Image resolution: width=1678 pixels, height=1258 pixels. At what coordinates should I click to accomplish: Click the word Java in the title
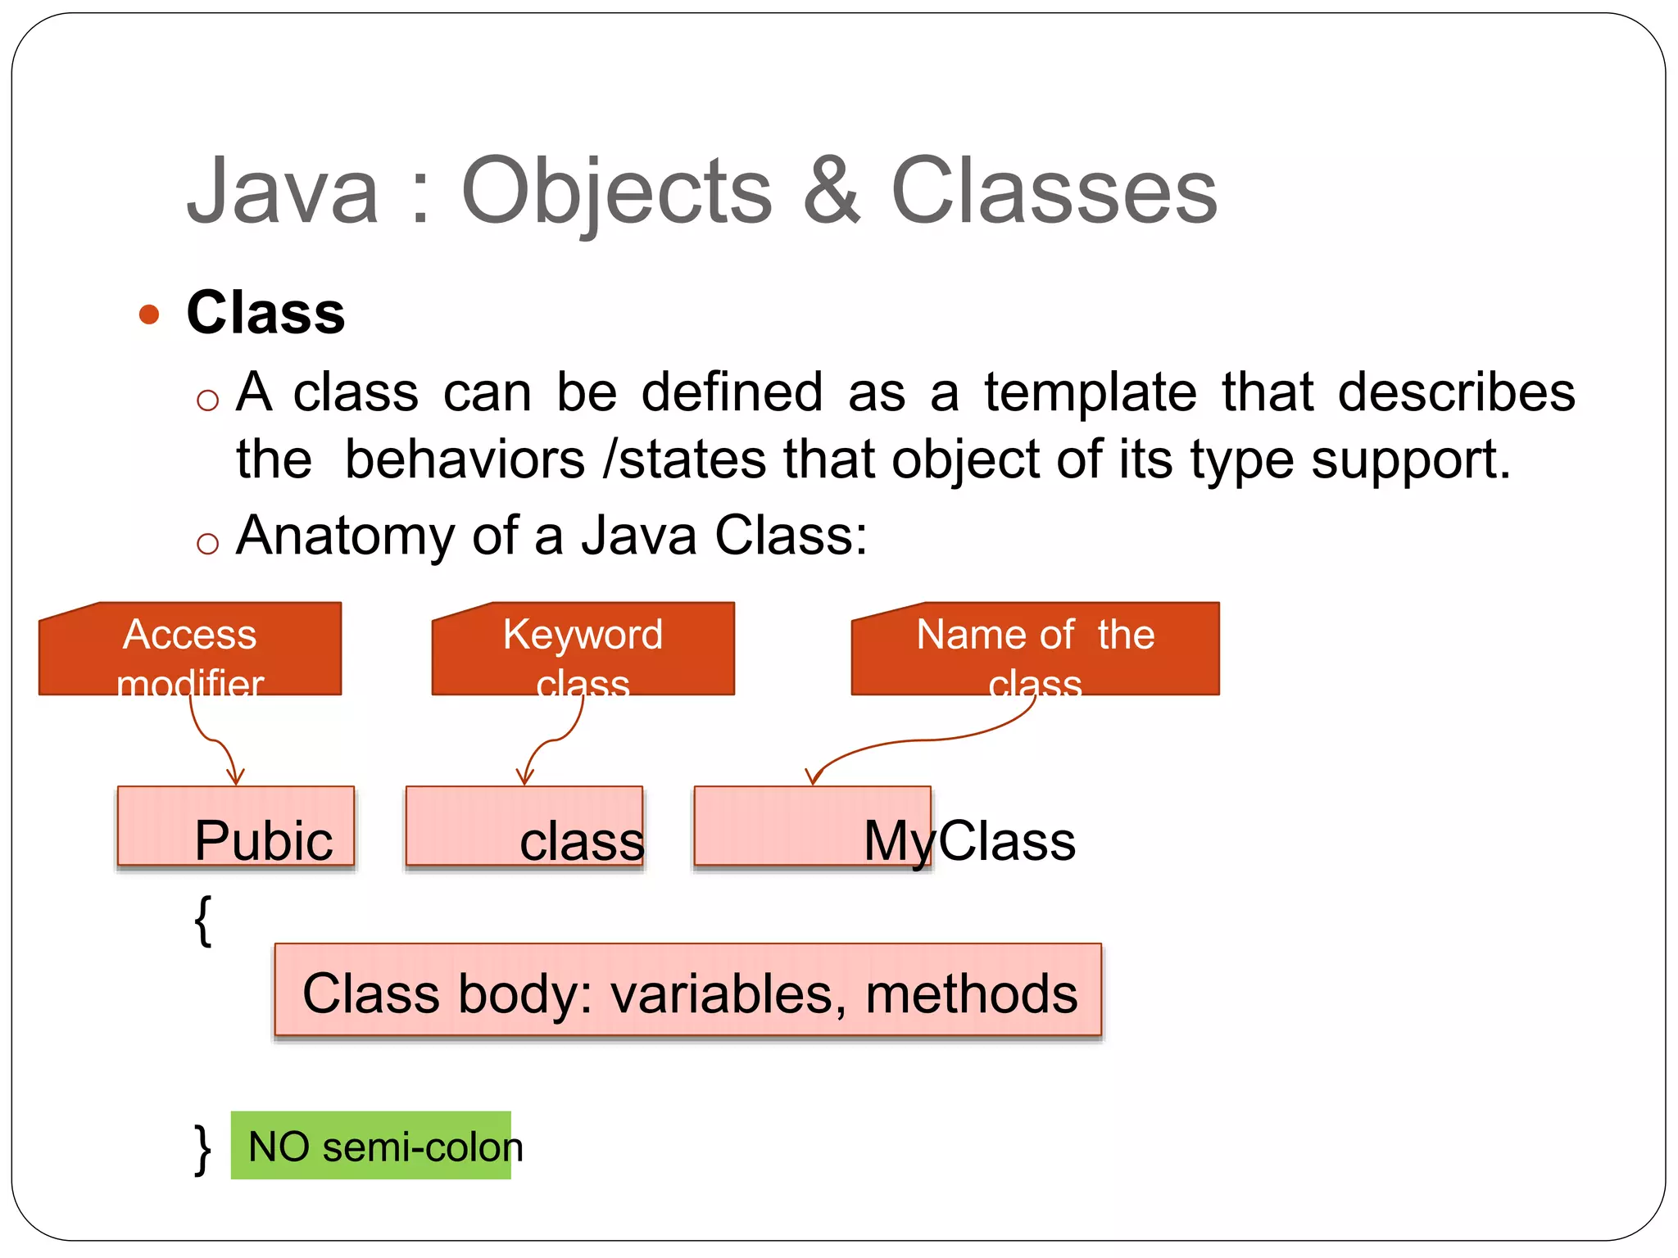pyautogui.click(x=283, y=192)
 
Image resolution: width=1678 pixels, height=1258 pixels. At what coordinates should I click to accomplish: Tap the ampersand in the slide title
pyautogui.click(x=831, y=192)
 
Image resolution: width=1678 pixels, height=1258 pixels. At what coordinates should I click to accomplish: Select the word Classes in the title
pyautogui.click(x=1054, y=192)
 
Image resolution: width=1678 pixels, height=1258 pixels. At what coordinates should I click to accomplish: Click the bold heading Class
pyautogui.click(x=265, y=313)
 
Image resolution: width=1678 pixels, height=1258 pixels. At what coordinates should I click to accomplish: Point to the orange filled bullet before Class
pyautogui.click(x=149, y=314)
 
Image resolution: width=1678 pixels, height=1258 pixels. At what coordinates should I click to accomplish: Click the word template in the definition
pyautogui.click(x=1090, y=392)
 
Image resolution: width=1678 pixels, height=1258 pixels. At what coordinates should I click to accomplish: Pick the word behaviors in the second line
pyautogui.click(x=465, y=459)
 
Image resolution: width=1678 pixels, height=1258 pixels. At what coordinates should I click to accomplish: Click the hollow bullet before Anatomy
pyautogui.click(x=208, y=544)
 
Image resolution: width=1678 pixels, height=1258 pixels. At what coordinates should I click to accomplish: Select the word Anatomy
pyautogui.click(x=345, y=536)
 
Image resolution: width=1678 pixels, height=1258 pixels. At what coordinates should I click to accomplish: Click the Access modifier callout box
pyautogui.click(x=190, y=649)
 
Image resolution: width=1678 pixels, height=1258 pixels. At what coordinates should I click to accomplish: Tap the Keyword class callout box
pyautogui.click(x=583, y=649)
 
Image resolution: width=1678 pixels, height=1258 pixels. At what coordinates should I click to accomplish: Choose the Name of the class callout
pyautogui.click(x=1035, y=649)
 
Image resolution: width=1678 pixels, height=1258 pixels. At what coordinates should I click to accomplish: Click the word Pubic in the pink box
pyautogui.click(x=263, y=841)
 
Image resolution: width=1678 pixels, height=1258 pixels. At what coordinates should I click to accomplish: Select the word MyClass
pyautogui.click(x=969, y=841)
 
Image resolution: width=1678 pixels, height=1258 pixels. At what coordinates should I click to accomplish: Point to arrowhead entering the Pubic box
pyautogui.click(x=235, y=778)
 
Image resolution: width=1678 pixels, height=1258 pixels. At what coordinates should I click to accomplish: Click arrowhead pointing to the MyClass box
pyautogui.click(x=813, y=778)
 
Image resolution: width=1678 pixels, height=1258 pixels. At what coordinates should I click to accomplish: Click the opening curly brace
pyautogui.click(x=203, y=921)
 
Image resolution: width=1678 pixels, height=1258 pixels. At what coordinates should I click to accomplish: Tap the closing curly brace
pyautogui.click(x=202, y=1149)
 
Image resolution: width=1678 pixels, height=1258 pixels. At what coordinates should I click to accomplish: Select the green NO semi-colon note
pyautogui.click(x=371, y=1146)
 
